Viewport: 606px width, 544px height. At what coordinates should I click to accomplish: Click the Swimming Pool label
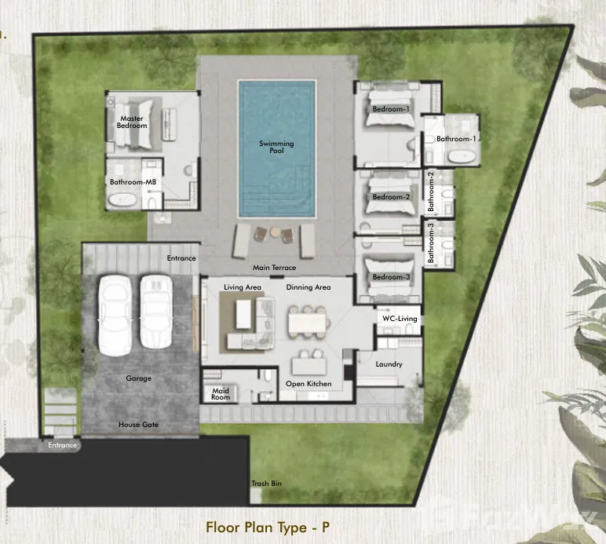coord(276,147)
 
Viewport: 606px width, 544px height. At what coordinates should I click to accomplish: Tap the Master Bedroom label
coord(132,122)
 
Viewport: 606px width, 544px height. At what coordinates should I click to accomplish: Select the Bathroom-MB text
coord(133,181)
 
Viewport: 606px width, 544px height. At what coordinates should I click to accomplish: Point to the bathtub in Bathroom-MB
coord(122,199)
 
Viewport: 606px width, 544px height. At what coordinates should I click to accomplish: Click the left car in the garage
coord(115,315)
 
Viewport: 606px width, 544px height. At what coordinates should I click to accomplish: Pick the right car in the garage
coord(155,312)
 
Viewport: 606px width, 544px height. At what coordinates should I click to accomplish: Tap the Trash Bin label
coord(266,484)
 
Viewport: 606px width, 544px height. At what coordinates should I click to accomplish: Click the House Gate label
coord(138,424)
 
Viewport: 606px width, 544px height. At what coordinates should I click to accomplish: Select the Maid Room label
coord(221,394)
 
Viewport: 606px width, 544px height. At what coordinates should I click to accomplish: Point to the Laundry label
coord(389,364)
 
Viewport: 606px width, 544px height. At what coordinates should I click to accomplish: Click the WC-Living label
coord(400,319)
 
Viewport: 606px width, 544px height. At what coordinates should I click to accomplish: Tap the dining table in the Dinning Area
coord(307,323)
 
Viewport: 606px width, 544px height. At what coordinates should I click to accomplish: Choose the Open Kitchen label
coord(308,384)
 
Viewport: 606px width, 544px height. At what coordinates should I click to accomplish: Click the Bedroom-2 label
coord(391,197)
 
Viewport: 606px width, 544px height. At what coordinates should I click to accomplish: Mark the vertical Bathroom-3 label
coord(430,243)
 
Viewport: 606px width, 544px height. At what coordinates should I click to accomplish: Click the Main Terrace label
coord(274,268)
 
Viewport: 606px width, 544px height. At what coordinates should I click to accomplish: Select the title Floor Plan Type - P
coord(268,527)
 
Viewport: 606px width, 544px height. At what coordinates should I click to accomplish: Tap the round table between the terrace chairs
coord(276,232)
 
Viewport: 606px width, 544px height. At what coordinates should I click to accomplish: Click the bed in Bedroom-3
coord(389,279)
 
